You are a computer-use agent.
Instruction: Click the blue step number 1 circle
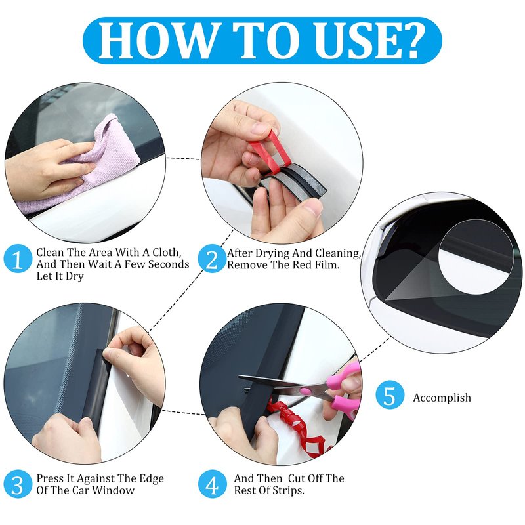click(x=17, y=259)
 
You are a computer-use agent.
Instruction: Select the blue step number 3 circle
click(x=17, y=484)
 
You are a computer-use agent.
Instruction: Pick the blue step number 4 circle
click(x=211, y=484)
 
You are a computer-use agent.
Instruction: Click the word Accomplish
click(x=442, y=398)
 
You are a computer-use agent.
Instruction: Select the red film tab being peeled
click(x=270, y=152)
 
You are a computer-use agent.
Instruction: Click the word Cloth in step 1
click(x=167, y=253)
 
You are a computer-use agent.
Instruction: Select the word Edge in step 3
click(x=151, y=479)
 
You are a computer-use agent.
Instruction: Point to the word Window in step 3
click(x=113, y=490)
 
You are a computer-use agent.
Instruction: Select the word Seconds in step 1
click(x=169, y=264)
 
